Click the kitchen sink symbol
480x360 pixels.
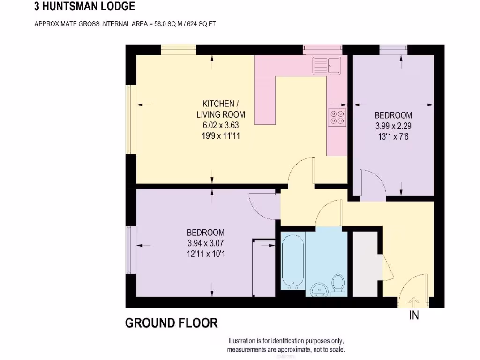pos(327,65)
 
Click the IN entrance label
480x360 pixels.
pos(414,315)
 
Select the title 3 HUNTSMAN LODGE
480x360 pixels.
pos(84,7)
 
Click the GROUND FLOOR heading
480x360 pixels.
pos(171,323)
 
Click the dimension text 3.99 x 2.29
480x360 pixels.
pos(393,126)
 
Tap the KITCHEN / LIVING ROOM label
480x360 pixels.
pos(220,109)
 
